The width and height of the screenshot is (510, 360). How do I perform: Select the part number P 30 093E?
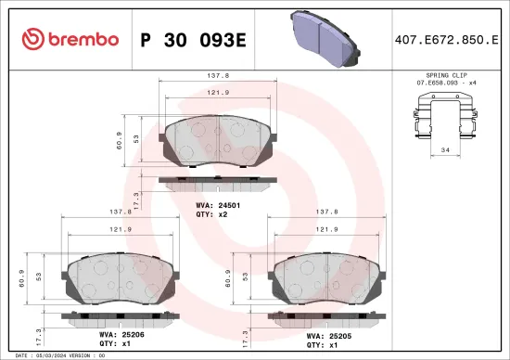coord(191,39)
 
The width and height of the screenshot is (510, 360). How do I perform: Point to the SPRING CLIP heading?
coord(447,73)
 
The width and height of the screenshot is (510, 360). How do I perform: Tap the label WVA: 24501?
coord(218,204)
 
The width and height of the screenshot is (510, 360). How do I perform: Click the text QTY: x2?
coord(210,213)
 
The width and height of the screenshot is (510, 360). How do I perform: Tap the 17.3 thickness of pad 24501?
coord(136,198)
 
